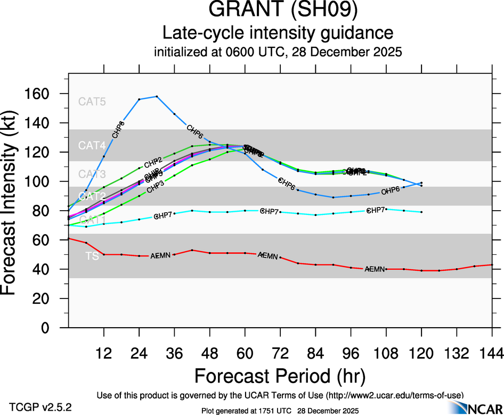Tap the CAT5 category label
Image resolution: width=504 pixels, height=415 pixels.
[92, 102]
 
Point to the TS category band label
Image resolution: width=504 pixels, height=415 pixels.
[92, 256]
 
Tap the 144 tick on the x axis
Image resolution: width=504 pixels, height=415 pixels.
[492, 352]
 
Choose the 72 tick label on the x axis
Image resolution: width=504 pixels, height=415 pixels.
[280, 352]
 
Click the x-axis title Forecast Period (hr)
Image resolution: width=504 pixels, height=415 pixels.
[280, 376]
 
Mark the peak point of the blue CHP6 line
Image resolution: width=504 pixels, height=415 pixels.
[157, 96]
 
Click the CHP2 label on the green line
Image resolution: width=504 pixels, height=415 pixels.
[153, 161]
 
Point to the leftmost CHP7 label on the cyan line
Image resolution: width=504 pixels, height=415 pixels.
[163, 216]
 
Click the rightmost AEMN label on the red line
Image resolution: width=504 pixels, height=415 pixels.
[375, 269]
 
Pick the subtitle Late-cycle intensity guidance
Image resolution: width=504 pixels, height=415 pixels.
[278, 34]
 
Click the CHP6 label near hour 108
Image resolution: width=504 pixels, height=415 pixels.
[391, 191]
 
